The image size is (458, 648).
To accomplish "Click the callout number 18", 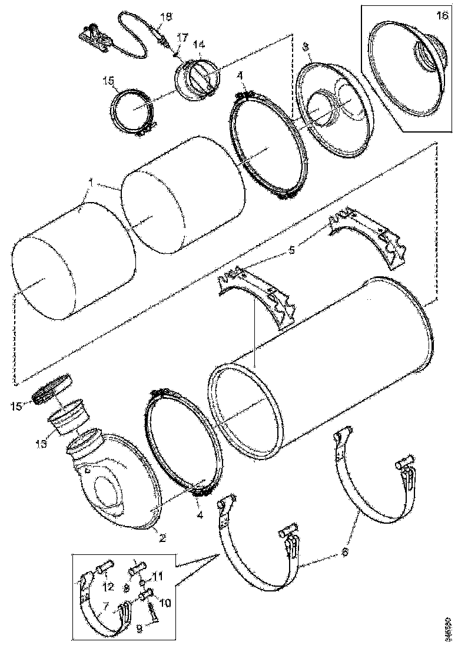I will [x=166, y=16].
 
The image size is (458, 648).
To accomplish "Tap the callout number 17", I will [x=182, y=37].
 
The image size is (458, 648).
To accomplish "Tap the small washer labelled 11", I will [x=143, y=583].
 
